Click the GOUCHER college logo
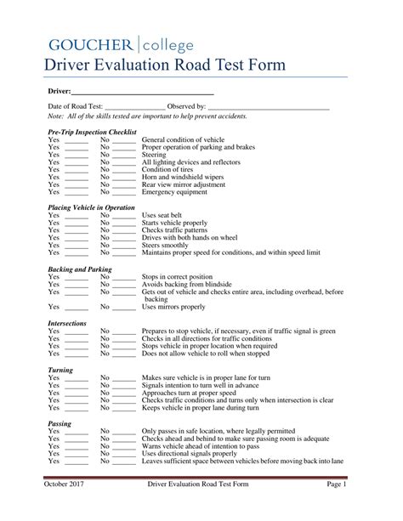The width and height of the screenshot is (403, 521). tap(120, 44)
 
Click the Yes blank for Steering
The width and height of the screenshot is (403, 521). tap(77, 156)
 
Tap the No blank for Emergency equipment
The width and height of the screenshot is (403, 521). tap(124, 192)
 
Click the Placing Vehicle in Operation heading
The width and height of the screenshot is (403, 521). tap(92, 207)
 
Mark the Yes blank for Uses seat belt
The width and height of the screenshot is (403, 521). tap(77, 215)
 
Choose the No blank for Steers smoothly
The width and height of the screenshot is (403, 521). tap(124, 245)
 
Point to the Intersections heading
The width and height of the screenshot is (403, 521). tap(67, 323)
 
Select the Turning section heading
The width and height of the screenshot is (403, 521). tap(61, 370)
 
